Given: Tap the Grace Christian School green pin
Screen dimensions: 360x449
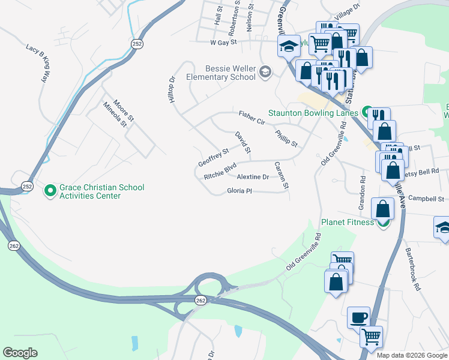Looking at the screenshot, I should click(x=50, y=191).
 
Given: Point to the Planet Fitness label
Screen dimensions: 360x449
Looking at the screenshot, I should click(x=347, y=222).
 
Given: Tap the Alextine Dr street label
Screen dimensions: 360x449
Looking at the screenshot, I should click(x=253, y=177).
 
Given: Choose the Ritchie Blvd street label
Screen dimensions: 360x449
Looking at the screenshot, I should click(x=220, y=171).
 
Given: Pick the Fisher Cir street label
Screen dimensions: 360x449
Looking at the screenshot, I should click(x=252, y=118).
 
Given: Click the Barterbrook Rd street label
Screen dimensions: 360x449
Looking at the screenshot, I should click(x=413, y=269).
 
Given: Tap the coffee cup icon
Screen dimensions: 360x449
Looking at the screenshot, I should click(x=360, y=317).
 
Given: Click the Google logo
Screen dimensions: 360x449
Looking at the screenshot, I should click(x=20, y=353).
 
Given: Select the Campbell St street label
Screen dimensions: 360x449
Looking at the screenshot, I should click(x=426, y=199).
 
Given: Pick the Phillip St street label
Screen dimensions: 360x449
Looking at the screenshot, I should click(x=286, y=139).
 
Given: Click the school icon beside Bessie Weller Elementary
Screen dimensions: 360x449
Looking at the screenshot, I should click(x=265, y=73).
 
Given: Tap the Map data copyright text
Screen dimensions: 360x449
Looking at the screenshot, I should click(x=412, y=355).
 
